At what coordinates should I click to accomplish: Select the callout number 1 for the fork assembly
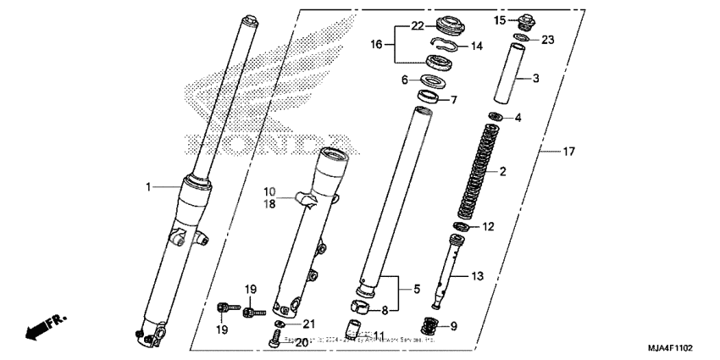pyautogui.click(x=149, y=186)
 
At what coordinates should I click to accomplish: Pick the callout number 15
pyautogui.click(x=500, y=19)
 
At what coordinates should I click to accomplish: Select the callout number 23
pyautogui.click(x=548, y=39)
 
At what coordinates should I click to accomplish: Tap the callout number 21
pyautogui.click(x=308, y=324)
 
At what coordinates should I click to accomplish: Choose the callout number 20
pyautogui.click(x=301, y=342)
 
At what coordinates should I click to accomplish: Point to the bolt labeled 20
pyautogui.click(x=274, y=341)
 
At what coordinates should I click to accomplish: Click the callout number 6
pyautogui.click(x=405, y=80)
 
